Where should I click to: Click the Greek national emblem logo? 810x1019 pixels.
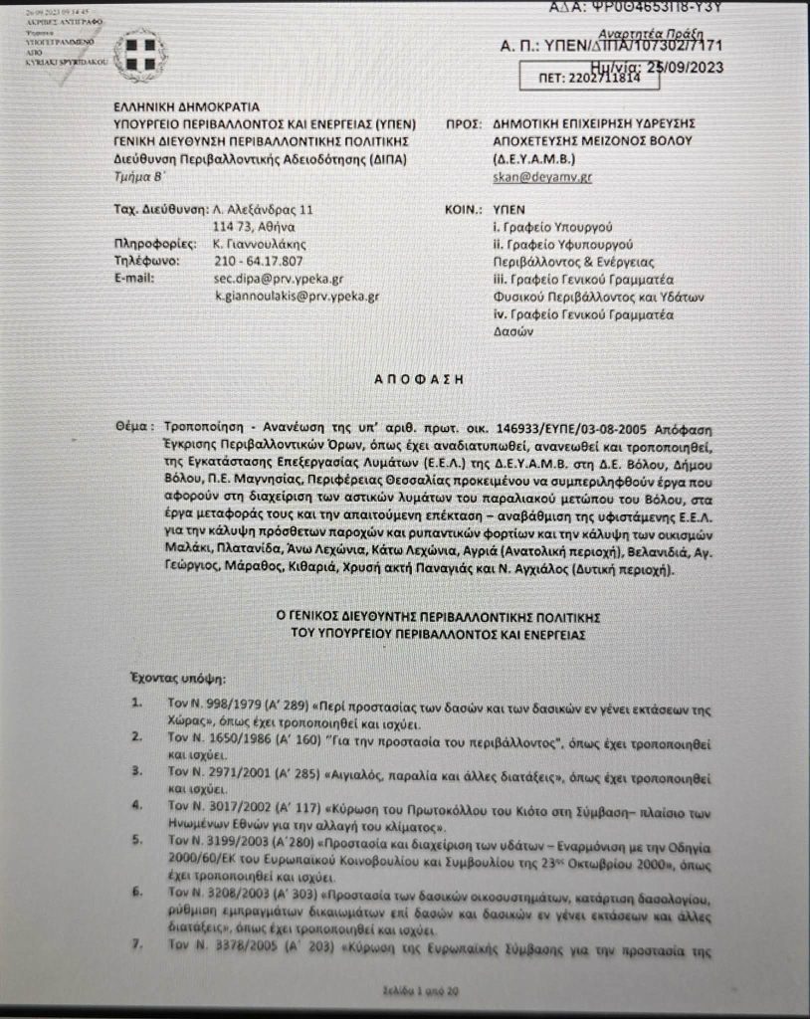(139, 55)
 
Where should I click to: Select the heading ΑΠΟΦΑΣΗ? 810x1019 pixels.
(403, 378)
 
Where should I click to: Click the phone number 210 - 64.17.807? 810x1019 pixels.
(260, 261)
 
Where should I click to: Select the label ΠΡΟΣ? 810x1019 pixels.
(458, 123)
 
